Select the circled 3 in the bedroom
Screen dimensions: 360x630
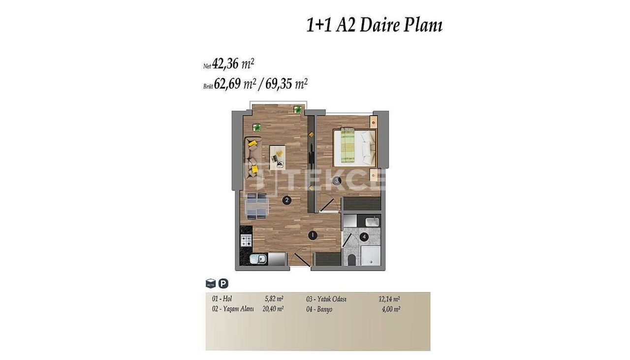(337, 181)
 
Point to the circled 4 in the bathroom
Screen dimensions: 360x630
(364, 237)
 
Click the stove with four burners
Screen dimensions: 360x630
(246, 240)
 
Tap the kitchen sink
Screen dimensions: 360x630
(257, 260)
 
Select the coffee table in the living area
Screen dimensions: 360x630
(279, 157)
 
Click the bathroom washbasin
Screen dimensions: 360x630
(372, 221)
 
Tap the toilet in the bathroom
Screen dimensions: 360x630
(351, 260)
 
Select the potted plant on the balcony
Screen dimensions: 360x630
(297, 109)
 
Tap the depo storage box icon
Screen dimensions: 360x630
(211, 284)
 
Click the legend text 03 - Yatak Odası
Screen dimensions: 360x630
(326, 299)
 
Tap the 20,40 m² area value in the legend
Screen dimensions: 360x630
(273, 309)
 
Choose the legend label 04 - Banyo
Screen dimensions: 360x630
(319, 309)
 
